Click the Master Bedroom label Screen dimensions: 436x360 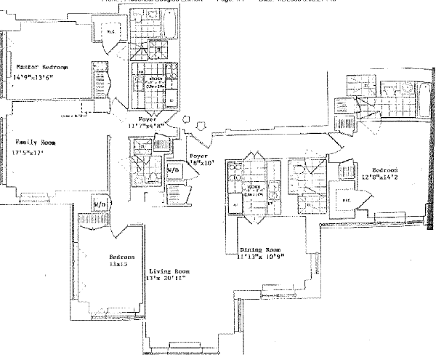(x=42, y=68)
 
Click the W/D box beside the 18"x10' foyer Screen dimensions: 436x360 (x=174, y=169)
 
